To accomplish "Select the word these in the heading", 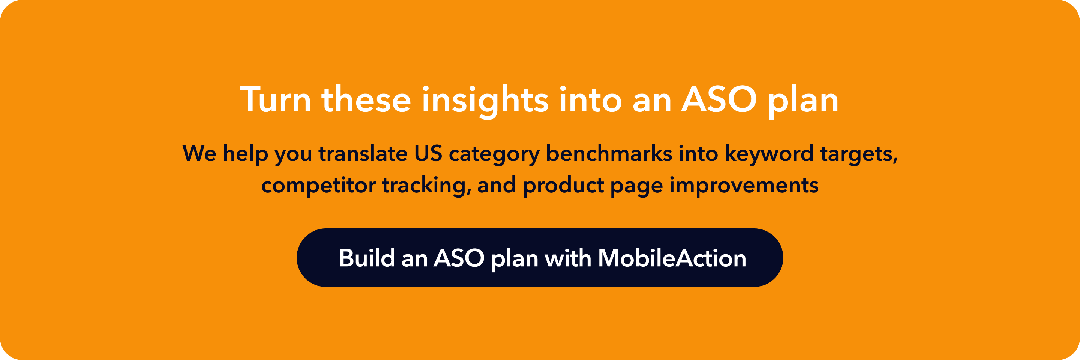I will pos(366,100).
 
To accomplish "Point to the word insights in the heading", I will pos(484,100).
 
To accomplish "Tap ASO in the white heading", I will pos(718,100).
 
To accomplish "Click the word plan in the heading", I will pos(803,100).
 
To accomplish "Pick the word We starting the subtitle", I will pos(199,153).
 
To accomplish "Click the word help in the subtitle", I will pos(245,153).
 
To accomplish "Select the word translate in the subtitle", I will pos(363,153).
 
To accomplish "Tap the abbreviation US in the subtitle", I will pos(428,153).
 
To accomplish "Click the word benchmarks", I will pos(609,153).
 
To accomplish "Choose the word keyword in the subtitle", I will pos(769,153).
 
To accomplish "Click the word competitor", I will pos(318,186).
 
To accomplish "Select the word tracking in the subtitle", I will pos(426,186).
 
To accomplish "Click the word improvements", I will pos(744,186).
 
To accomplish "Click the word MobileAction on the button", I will pos(672,258).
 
